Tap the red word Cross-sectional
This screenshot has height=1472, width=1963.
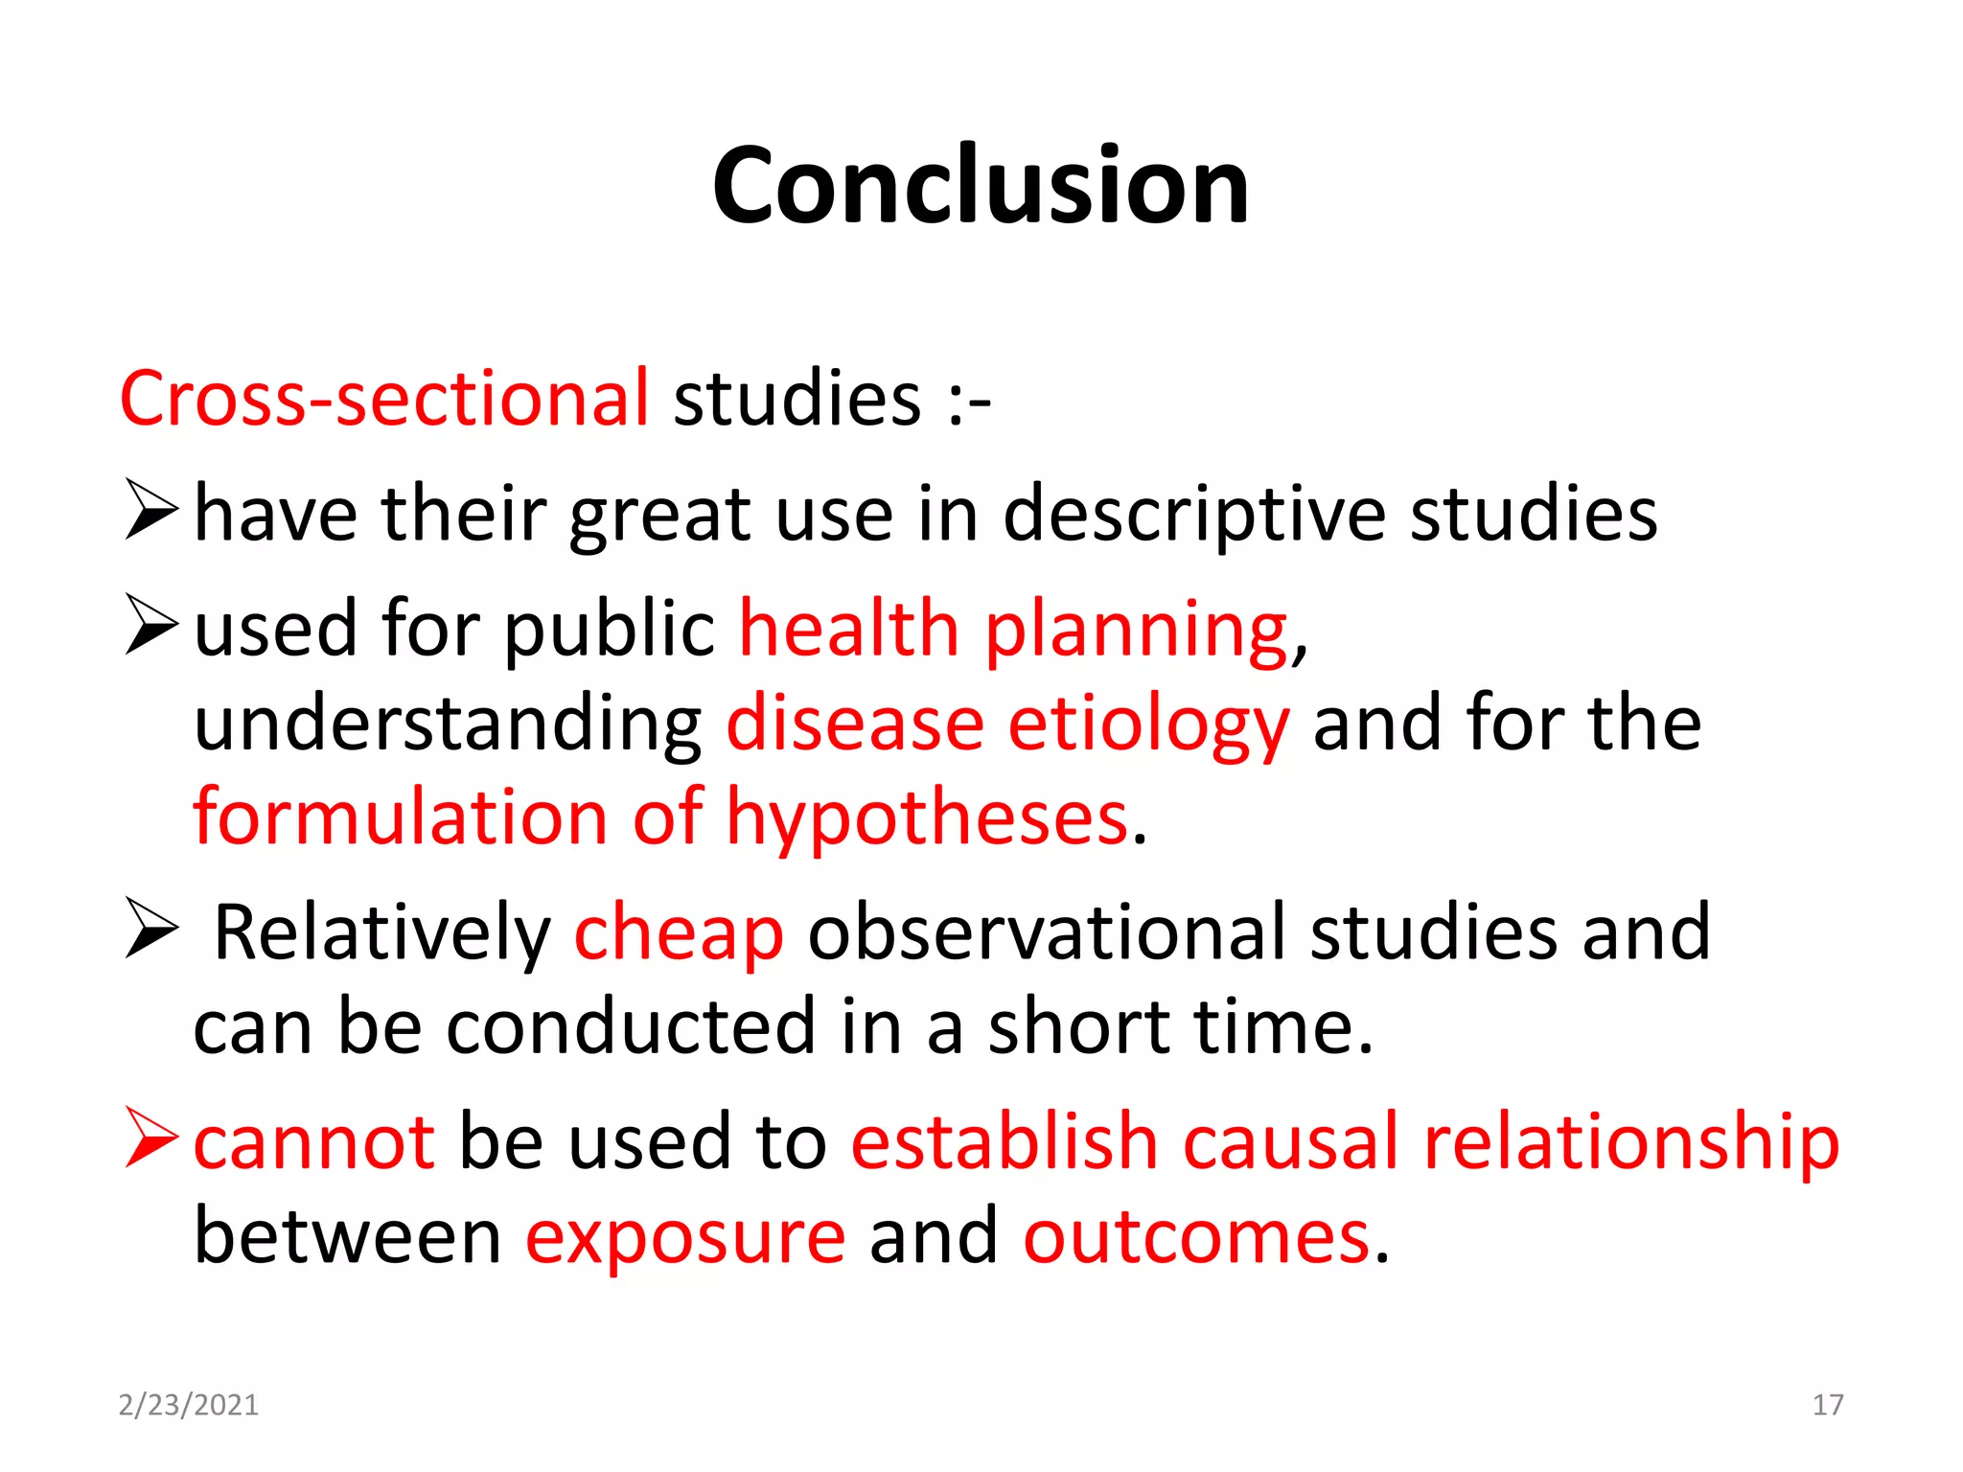point(384,398)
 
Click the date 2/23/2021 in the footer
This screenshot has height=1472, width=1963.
point(188,1405)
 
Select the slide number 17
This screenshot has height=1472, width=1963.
point(1828,1405)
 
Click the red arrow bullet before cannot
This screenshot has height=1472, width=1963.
point(151,1138)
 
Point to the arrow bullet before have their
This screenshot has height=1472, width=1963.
point(151,511)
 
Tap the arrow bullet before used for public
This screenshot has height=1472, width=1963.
point(151,624)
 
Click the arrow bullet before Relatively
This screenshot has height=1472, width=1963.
point(151,929)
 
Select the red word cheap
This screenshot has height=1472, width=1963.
point(679,933)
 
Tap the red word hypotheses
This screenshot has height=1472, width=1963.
point(927,820)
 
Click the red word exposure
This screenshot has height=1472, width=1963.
point(684,1239)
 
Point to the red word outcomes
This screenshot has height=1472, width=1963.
point(1196,1237)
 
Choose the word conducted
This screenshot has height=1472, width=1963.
point(632,1027)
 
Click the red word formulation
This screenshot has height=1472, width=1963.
point(401,818)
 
